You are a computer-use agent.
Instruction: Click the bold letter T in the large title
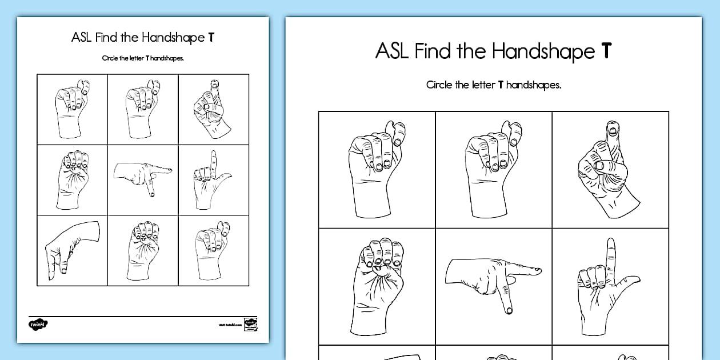[x=606, y=51]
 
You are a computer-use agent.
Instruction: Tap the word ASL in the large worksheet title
[x=392, y=51]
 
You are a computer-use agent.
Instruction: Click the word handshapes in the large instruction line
[x=534, y=85]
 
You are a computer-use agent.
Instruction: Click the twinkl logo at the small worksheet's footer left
[x=38, y=324]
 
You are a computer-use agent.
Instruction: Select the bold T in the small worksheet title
[x=211, y=38]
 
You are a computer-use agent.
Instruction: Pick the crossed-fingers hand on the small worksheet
[x=212, y=109]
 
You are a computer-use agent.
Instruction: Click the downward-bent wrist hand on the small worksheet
[x=72, y=250]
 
